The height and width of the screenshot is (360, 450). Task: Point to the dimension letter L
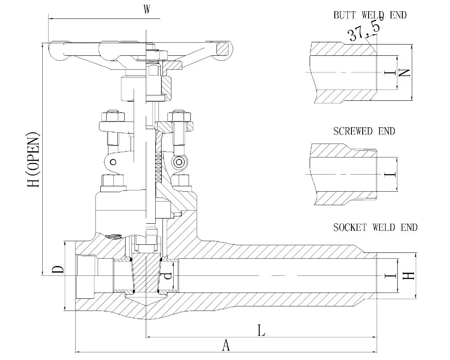coord(261,331)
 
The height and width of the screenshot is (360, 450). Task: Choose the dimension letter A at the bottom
coord(226,346)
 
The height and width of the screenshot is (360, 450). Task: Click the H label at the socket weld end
coord(407,275)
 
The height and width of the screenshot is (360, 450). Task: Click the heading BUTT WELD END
coord(369,15)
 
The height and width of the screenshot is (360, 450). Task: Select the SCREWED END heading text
coord(364,131)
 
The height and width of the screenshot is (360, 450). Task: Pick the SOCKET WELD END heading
coord(375,227)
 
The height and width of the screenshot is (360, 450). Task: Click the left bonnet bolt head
coord(110,181)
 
